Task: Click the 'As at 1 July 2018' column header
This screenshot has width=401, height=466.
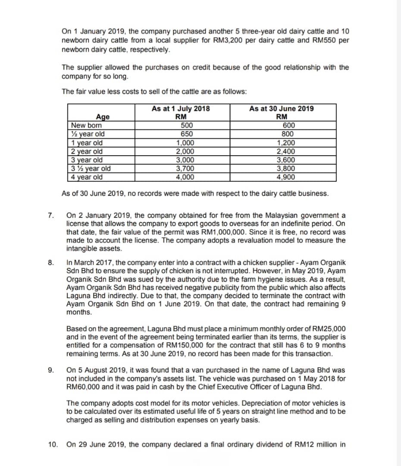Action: click(181, 109)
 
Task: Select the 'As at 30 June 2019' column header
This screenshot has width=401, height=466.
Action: click(282, 109)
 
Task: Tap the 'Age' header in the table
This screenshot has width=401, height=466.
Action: click(103, 117)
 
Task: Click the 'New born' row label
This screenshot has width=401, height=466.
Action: click(87, 125)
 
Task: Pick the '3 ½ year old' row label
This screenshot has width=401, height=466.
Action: click(91, 169)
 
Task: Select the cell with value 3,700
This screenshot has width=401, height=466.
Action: click(185, 169)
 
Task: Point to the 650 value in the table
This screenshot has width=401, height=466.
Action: click(186, 134)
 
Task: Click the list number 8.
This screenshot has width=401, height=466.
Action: click(50, 263)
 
